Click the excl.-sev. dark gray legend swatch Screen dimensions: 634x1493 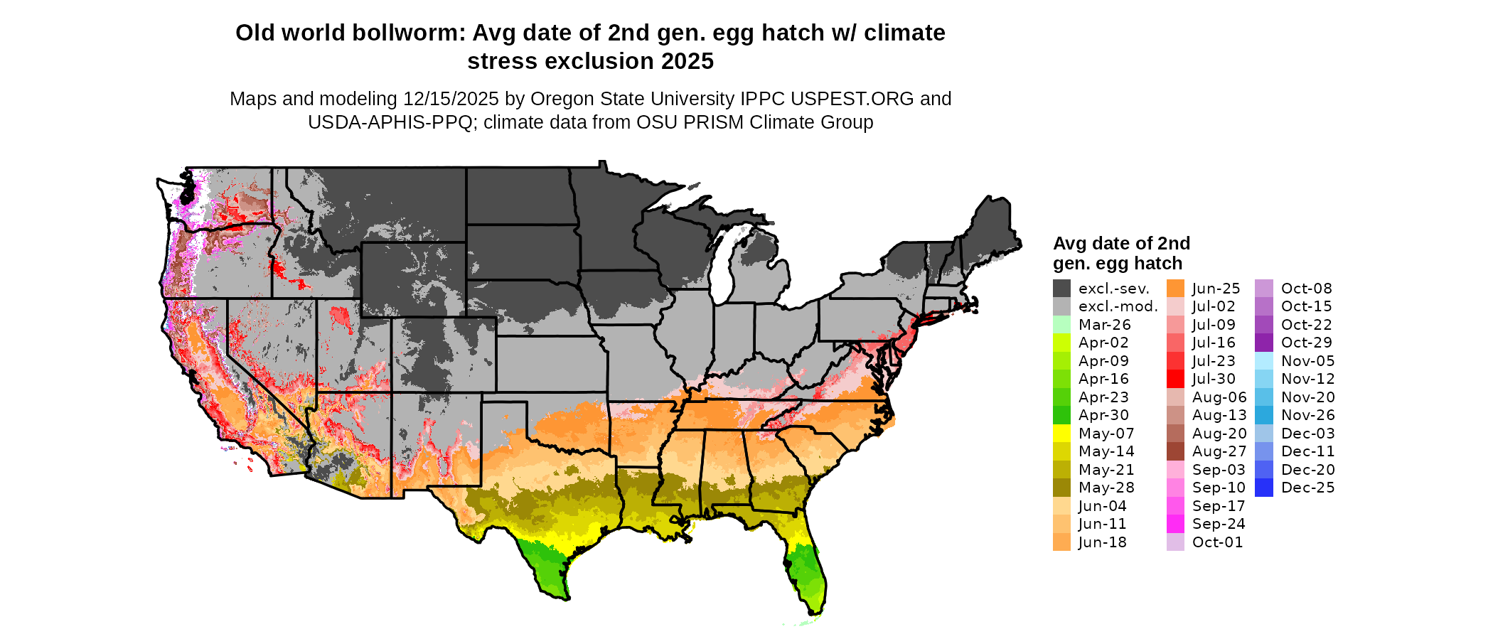point(1061,289)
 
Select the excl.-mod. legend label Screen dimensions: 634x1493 point(1118,306)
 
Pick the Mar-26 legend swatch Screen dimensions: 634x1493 point(1061,325)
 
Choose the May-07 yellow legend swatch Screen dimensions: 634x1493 point(1061,434)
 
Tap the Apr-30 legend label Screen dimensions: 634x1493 point(1103,415)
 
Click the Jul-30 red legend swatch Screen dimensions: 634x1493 point(1175,379)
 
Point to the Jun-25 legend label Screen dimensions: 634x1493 point(1216,289)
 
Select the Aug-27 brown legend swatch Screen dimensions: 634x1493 point(1175,451)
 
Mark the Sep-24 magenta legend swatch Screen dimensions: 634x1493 point(1175,524)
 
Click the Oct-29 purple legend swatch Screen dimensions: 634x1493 point(1264,343)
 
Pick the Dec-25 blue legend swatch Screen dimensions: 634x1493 point(1264,488)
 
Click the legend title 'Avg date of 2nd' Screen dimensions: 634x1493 point(1121,244)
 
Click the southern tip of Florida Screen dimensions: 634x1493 point(815,610)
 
